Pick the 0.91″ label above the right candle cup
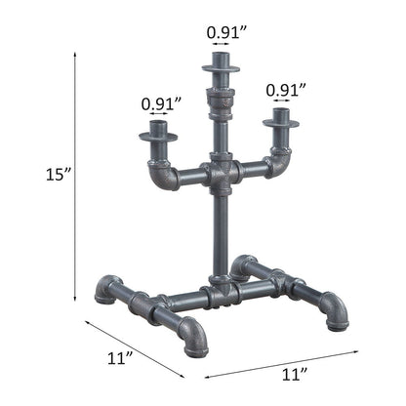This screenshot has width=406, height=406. click(x=285, y=90)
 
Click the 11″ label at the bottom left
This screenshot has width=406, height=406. click(x=119, y=358)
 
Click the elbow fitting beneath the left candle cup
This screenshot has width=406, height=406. click(x=161, y=177)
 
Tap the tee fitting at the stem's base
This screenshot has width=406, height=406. click(x=221, y=290)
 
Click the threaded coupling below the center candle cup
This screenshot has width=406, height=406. click(x=222, y=102)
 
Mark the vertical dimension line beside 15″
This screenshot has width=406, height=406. click(x=75, y=176)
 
